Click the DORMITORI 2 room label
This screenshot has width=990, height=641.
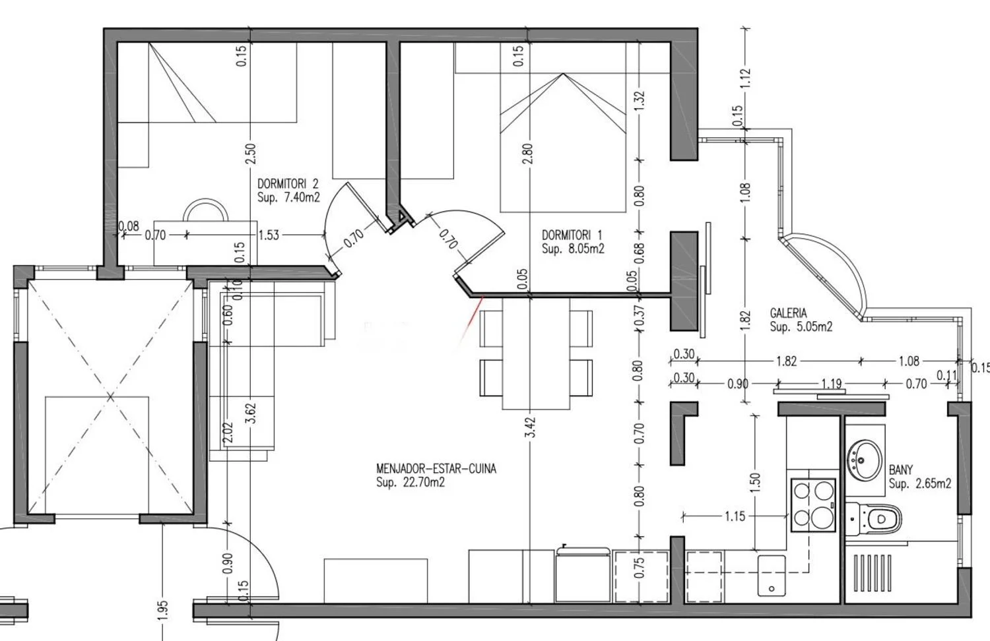pos(288,183)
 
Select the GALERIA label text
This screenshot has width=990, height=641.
pos(789,313)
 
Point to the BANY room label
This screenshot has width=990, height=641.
pos(900,470)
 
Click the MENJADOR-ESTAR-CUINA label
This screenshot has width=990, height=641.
pos(436,468)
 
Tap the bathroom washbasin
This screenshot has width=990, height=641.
pos(865,460)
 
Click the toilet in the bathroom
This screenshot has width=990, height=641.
pos(873,519)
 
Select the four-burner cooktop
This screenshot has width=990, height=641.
pos(813,505)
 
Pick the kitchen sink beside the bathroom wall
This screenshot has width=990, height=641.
pos(772,576)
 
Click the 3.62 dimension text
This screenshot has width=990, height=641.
pos(251,413)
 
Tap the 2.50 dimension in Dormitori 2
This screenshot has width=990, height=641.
pos(251,153)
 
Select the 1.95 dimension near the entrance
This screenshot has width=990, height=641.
pos(162,611)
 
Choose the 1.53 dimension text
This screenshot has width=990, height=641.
pos(269,235)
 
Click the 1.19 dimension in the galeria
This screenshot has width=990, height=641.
pos(832,384)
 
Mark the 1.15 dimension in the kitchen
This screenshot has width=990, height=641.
pos(735,516)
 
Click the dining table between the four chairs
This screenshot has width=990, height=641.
pos(536,353)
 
